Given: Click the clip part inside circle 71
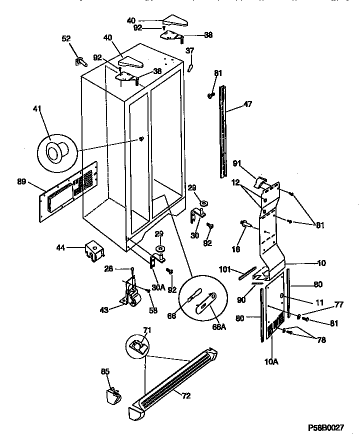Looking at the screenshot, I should click(136, 345).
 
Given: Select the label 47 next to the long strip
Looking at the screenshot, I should click(248, 104).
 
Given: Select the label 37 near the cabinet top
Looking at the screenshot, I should click(190, 50).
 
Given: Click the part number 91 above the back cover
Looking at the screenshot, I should click(236, 162).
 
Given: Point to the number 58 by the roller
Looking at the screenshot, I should click(153, 310).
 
